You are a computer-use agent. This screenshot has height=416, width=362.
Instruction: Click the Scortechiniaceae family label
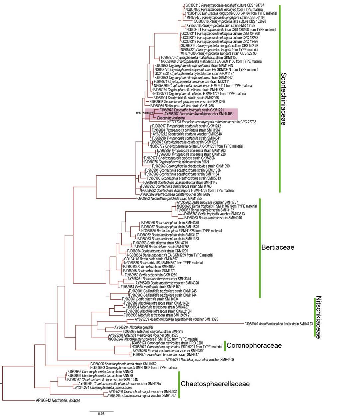click(283, 99)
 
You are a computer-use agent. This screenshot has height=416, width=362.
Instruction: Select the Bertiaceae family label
click(278, 247)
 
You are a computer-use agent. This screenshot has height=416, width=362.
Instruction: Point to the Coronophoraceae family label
click(254, 346)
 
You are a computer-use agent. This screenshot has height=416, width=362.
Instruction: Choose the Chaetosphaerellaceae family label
click(215, 384)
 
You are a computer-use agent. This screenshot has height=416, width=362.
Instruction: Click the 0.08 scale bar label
click(101, 414)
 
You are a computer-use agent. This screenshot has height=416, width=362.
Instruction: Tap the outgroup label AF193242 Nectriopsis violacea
click(58, 400)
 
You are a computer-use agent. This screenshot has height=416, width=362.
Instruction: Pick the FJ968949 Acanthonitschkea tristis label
click(279, 324)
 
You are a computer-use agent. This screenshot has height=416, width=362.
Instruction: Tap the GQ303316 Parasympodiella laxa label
click(230, 21)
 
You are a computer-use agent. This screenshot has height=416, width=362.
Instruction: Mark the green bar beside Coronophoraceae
click(225, 345)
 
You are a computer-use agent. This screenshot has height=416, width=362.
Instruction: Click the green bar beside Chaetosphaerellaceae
click(179, 384)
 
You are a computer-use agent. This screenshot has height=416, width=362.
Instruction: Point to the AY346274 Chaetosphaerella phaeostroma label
click(104, 388)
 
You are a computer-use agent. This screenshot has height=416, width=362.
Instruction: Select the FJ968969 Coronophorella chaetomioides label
click(191, 166)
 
